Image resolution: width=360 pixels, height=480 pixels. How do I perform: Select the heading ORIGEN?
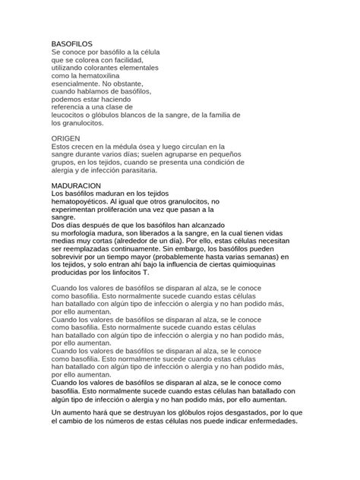pyautogui.click(x=66, y=138)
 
